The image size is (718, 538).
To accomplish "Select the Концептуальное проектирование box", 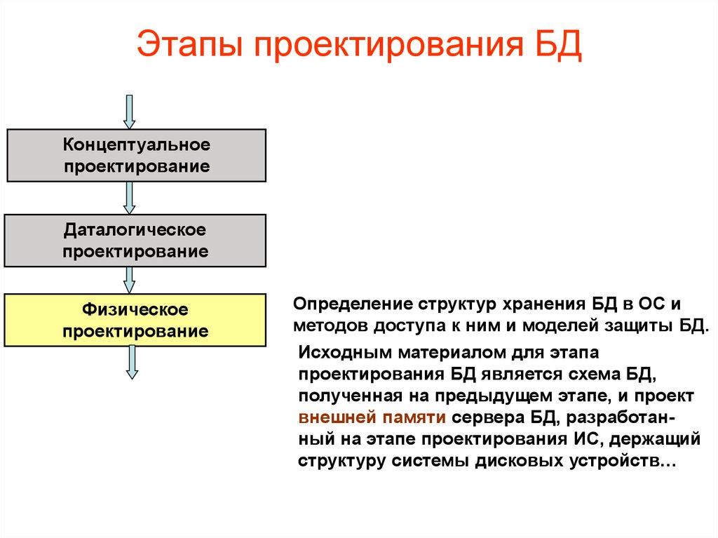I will [137, 156].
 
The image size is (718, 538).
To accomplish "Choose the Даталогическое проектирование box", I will [137, 241].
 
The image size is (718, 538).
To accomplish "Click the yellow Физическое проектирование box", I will [137, 320].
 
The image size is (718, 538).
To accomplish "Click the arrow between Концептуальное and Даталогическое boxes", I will [129, 198].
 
